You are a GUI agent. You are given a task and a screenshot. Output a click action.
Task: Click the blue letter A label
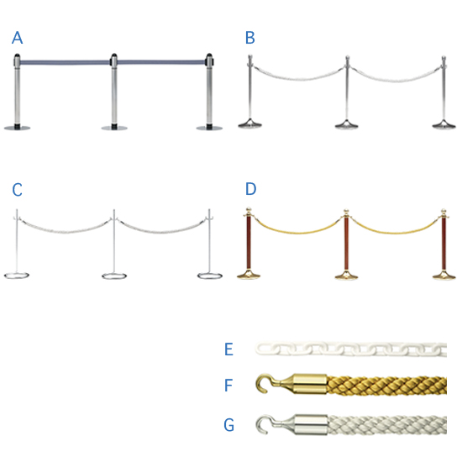point(17,38)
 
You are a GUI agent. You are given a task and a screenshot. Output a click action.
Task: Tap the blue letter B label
point(250,38)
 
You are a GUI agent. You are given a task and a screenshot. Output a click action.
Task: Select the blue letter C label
point(17,190)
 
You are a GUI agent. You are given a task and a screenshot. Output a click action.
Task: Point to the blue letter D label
point(251,189)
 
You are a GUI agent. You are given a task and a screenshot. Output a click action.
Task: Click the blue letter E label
point(229,349)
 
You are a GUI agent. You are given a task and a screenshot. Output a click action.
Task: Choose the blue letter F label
point(228,386)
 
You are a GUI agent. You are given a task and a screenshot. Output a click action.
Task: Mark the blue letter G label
point(229,425)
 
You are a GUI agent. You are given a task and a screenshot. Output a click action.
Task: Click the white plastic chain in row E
point(351,349)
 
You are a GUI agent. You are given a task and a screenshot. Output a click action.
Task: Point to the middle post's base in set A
point(114,128)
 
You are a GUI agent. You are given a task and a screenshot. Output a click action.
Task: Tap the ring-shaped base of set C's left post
point(17,276)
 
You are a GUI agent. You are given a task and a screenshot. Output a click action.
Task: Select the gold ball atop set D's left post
point(249,209)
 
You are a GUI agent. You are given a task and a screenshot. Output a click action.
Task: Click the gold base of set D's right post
point(444,276)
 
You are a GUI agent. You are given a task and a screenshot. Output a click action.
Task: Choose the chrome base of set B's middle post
point(347,124)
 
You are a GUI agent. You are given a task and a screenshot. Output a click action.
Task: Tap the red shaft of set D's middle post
point(346,244)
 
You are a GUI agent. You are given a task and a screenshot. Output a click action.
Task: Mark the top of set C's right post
point(209,211)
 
